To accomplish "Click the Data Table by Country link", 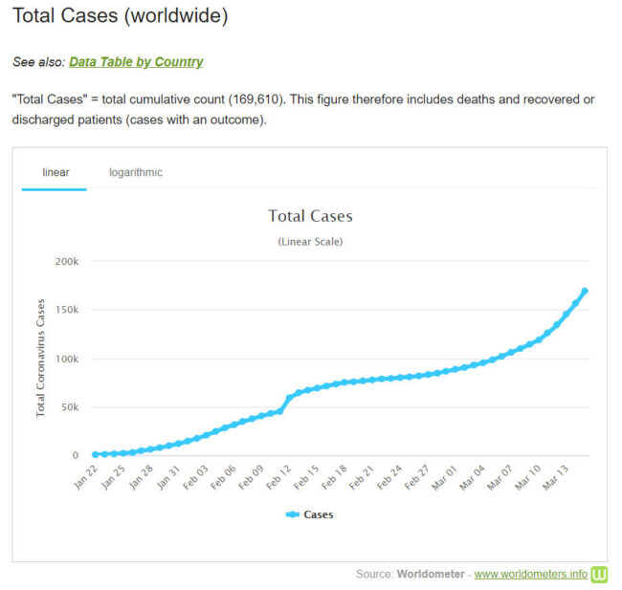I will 136,62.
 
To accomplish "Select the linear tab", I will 56,173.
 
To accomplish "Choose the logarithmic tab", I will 135,173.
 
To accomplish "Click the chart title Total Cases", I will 310,216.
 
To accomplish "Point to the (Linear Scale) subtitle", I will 310,242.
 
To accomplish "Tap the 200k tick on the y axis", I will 65,261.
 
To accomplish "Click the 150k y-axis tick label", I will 65,310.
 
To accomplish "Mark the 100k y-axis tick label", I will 65,359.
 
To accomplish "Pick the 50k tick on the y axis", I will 68,407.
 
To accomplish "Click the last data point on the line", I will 585,291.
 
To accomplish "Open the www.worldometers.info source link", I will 531,575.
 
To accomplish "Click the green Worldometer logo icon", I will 600,574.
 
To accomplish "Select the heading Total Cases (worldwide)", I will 121,17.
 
